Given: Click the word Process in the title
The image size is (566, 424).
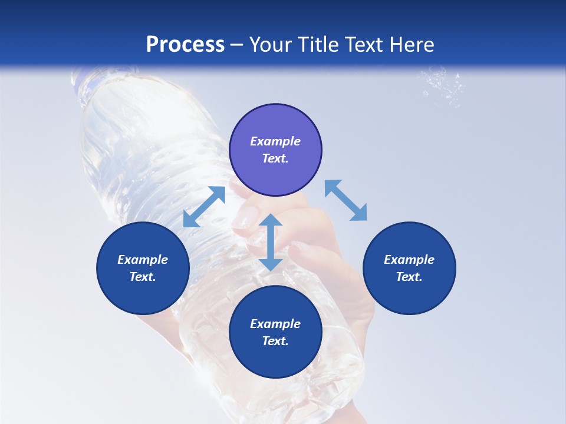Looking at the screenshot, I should tap(185, 44).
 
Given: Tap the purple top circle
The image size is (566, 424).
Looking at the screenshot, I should tap(275, 150).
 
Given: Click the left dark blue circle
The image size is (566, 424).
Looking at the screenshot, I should tap(143, 269).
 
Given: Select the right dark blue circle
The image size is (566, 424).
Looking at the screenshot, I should tap(409, 269).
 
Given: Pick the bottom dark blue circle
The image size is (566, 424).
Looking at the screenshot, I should tap(275, 332).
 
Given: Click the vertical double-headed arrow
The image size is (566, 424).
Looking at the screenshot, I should tap(271, 242).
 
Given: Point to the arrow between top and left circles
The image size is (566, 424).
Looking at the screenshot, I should tap(204, 207).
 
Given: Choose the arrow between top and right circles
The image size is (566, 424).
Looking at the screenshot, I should tap(345, 200).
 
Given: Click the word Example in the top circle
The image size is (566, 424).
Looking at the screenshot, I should tap(275, 141).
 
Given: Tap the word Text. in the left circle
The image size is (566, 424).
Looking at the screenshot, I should tap(143, 277).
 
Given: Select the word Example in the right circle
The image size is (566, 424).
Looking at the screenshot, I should tap(409, 260).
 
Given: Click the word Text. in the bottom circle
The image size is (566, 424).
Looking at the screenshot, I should tap(275, 341).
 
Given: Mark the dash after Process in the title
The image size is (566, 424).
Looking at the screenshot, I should tap(236, 45).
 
